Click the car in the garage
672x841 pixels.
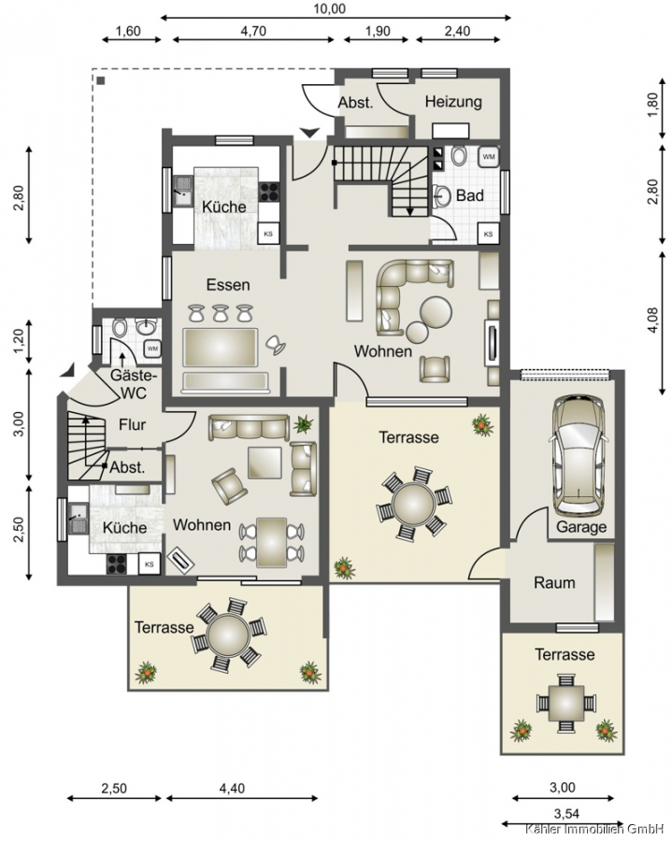[x=579, y=456]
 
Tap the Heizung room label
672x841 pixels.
[x=453, y=101]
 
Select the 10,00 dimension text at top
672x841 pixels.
[x=329, y=8]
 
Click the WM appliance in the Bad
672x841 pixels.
[x=489, y=157]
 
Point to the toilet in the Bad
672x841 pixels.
[x=459, y=155]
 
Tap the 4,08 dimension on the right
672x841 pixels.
[x=652, y=321]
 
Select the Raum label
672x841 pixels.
[x=554, y=582]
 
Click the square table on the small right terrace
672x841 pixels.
[x=565, y=703]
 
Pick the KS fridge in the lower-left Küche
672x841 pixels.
[x=150, y=564]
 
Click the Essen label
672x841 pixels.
[x=228, y=285]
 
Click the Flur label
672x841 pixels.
[x=132, y=425]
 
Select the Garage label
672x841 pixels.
[x=581, y=527]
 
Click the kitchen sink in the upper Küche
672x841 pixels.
[x=182, y=191]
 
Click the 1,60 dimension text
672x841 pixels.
[x=128, y=31]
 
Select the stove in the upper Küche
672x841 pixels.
[x=269, y=192]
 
